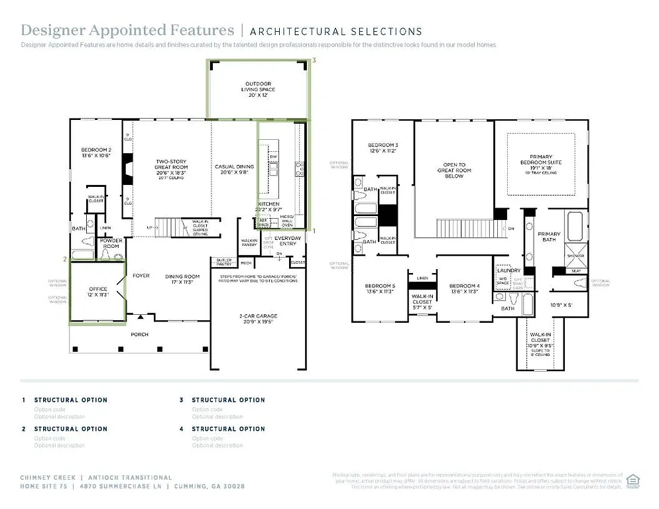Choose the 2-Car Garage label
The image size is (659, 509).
coord(258,319)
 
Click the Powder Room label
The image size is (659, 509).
coord(110,243)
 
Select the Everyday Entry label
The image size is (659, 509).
coord(288,238)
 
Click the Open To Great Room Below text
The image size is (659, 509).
coord(454,170)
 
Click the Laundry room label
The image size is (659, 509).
coord(508,270)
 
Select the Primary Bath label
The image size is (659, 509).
coord(549,237)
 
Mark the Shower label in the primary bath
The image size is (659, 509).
coord(575,256)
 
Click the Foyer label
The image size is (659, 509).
coord(141,276)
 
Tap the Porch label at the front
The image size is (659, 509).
coord(140,334)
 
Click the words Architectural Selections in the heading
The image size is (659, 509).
coord(336,31)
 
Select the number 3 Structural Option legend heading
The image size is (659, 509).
coord(228,400)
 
